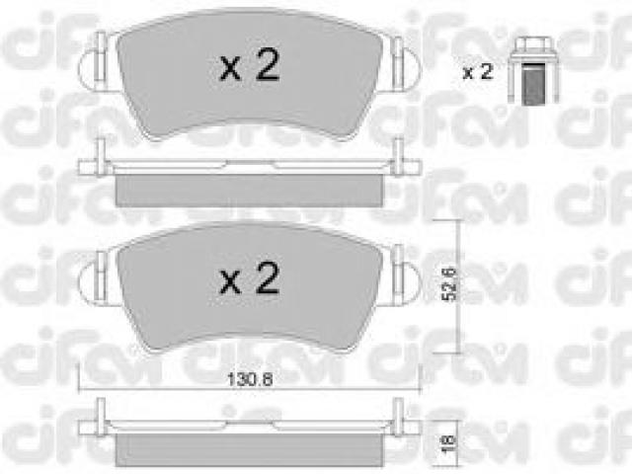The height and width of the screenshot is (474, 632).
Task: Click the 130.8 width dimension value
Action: click(250, 379)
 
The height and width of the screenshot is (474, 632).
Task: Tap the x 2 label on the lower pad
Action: click(250, 277)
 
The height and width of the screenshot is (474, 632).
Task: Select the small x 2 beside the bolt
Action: click(478, 72)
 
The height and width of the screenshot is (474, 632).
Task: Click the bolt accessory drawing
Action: click(533, 70)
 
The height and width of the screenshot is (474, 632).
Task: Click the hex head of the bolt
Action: click(533, 47)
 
